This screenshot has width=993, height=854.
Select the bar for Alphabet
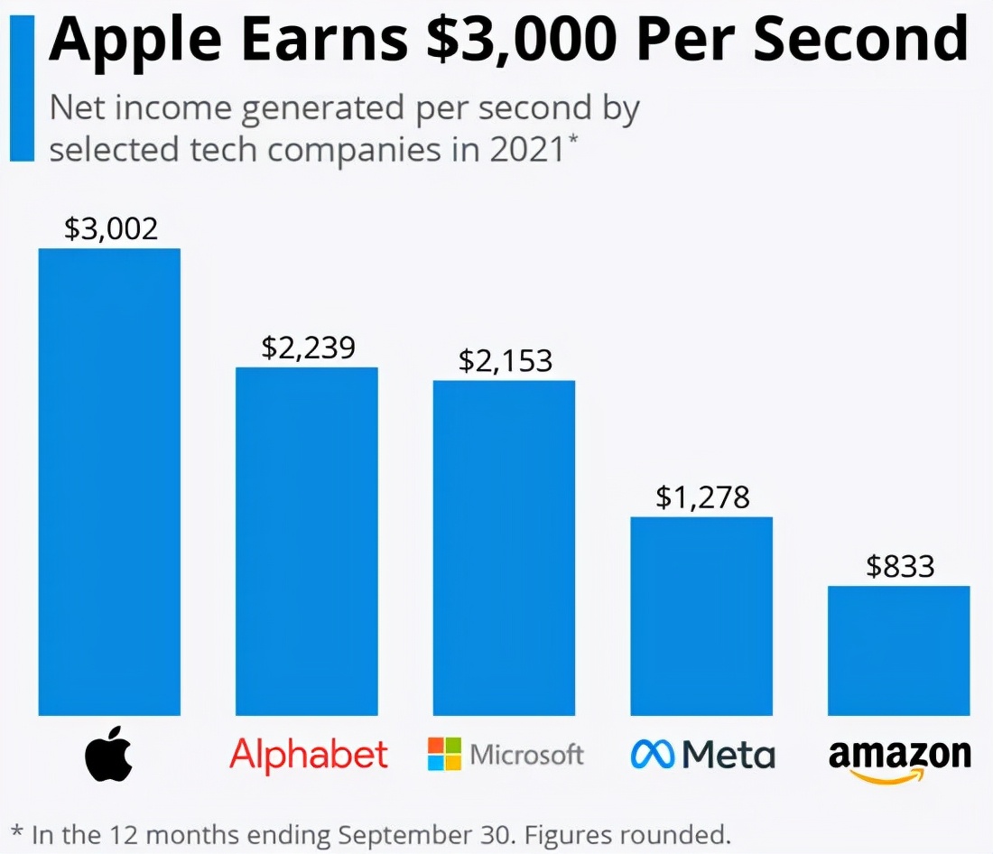coord(307,541)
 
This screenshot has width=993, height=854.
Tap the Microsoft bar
coord(504,547)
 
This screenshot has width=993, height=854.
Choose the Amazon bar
coord(899,650)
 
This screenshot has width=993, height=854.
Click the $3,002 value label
coord(111,228)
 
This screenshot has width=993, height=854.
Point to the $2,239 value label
coord(308,348)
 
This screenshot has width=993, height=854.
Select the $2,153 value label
coord(505,361)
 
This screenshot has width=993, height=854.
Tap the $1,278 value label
coord(702,497)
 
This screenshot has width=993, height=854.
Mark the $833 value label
coord(900,566)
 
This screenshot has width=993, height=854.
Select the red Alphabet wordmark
coord(309,754)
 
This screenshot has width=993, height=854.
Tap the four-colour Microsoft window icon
coord(444,754)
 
